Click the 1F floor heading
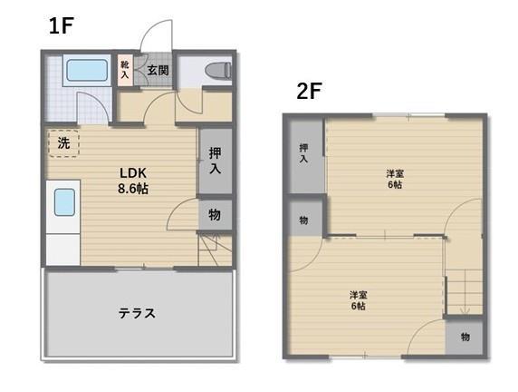click(61, 25)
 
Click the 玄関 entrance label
click(158, 70)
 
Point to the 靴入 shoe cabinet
click(125, 70)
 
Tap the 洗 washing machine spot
click(63, 143)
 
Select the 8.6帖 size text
click(134, 189)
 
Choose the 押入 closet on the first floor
click(216, 162)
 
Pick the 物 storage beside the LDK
click(216, 215)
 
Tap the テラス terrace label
click(137, 314)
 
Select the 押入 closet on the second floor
click(302, 153)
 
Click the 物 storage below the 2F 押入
click(302, 219)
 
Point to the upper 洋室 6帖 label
click(394, 179)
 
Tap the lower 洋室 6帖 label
click(359, 300)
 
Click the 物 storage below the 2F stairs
click(464, 338)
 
